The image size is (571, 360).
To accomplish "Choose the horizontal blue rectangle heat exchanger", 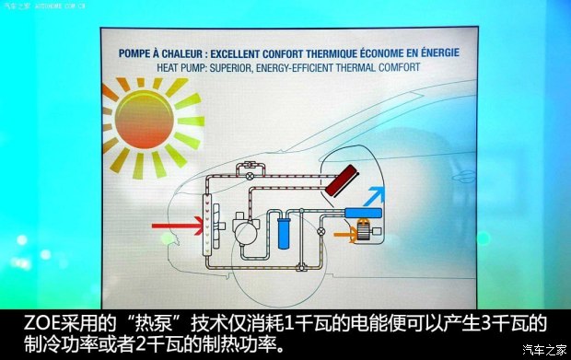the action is pyautogui.click(x=363, y=213).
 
